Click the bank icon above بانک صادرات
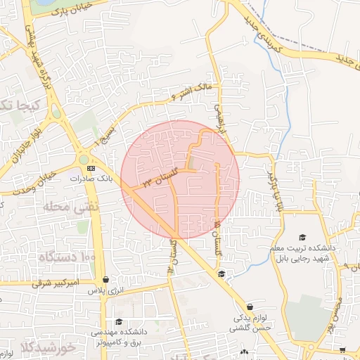tap(90, 169)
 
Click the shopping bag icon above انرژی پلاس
tap(105, 279)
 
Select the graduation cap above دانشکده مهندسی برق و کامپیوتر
tap(118, 321)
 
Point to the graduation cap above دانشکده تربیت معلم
tap(303, 238)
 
